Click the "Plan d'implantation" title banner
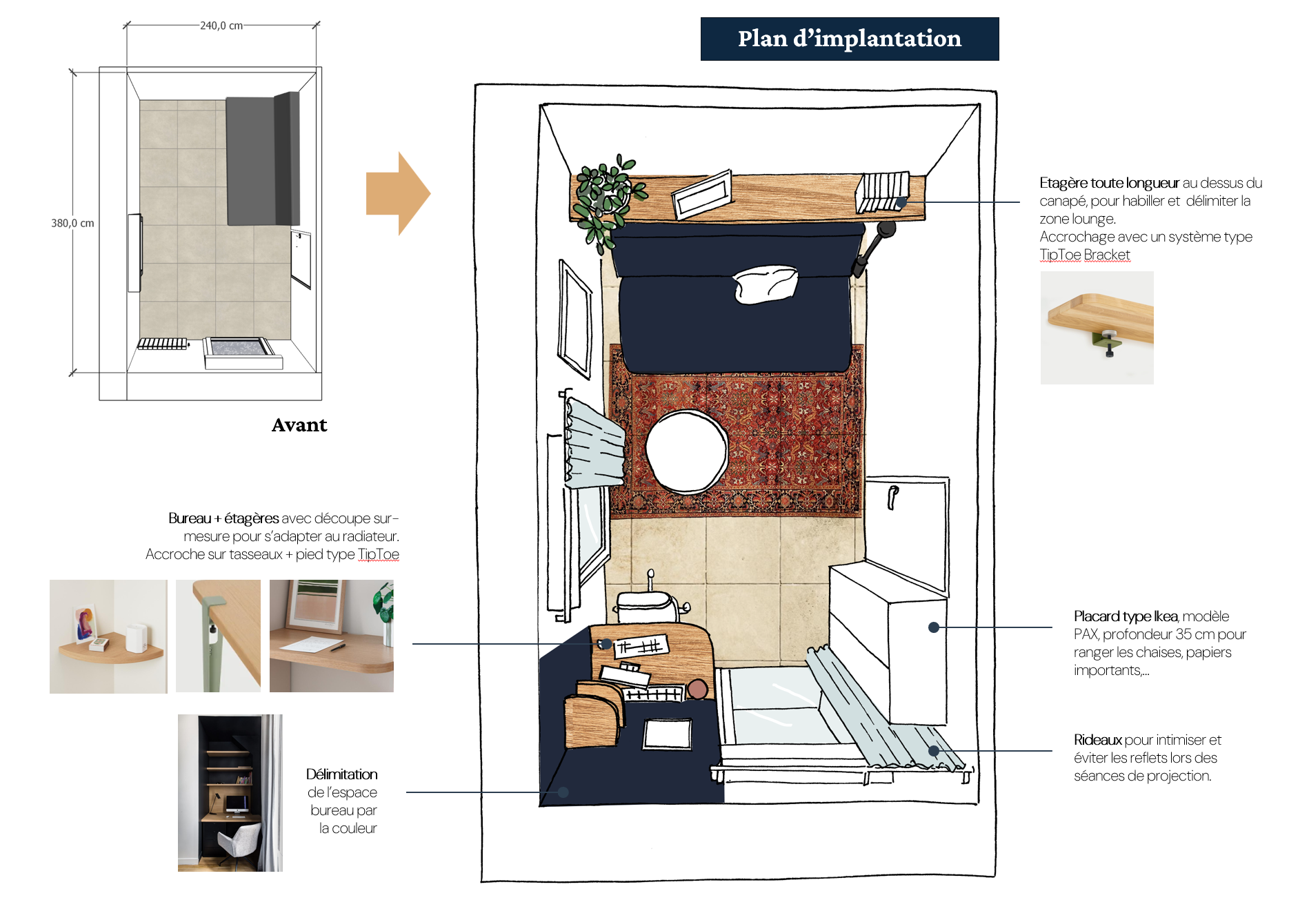tap(849, 39)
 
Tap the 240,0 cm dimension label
tap(221, 26)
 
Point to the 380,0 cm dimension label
tap(72, 223)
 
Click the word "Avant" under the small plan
tap(299, 424)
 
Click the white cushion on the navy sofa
tap(766, 284)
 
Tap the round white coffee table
tap(686, 451)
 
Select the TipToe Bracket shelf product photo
tap(1097, 328)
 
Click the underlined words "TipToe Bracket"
tap(1085, 255)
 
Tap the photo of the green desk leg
tap(218, 636)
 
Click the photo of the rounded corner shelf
tap(108, 636)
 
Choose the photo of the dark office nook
tap(230, 792)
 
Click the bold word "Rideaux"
tap(1097, 740)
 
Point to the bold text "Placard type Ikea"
tap(1126, 616)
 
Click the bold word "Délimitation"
tap(341, 774)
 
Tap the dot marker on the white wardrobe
tap(933, 627)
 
